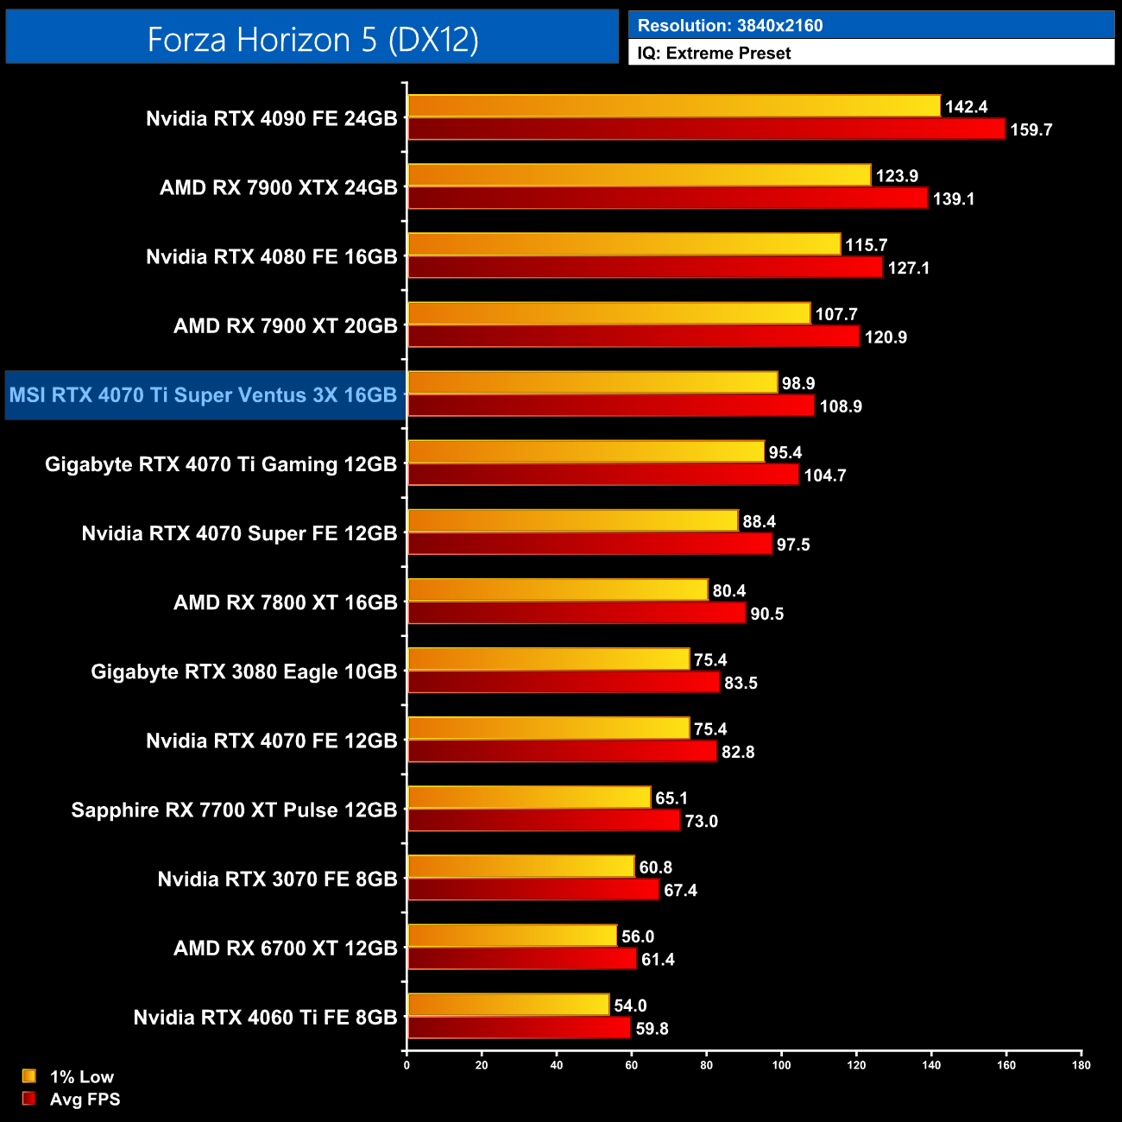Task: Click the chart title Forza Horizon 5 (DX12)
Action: (312, 40)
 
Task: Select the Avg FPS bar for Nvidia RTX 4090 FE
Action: (706, 129)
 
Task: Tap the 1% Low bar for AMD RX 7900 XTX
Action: (639, 175)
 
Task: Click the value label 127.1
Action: (908, 268)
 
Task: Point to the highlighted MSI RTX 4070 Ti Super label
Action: (204, 395)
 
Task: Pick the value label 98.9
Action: (798, 383)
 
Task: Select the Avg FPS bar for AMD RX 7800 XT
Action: (576, 613)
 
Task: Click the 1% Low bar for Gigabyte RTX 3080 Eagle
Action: (548, 659)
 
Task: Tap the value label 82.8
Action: (738, 753)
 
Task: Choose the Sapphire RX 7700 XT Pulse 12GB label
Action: (234, 810)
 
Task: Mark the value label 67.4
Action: (680, 891)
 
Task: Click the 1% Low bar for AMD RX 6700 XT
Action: (512, 936)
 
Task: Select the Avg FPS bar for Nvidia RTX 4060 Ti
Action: (519, 1028)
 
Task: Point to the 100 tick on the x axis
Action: (781, 1065)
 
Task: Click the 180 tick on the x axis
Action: (1081, 1065)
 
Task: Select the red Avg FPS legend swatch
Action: (29, 1099)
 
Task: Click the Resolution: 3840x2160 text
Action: (730, 26)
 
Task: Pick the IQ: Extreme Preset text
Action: (714, 54)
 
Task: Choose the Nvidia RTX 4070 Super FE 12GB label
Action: (239, 533)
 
